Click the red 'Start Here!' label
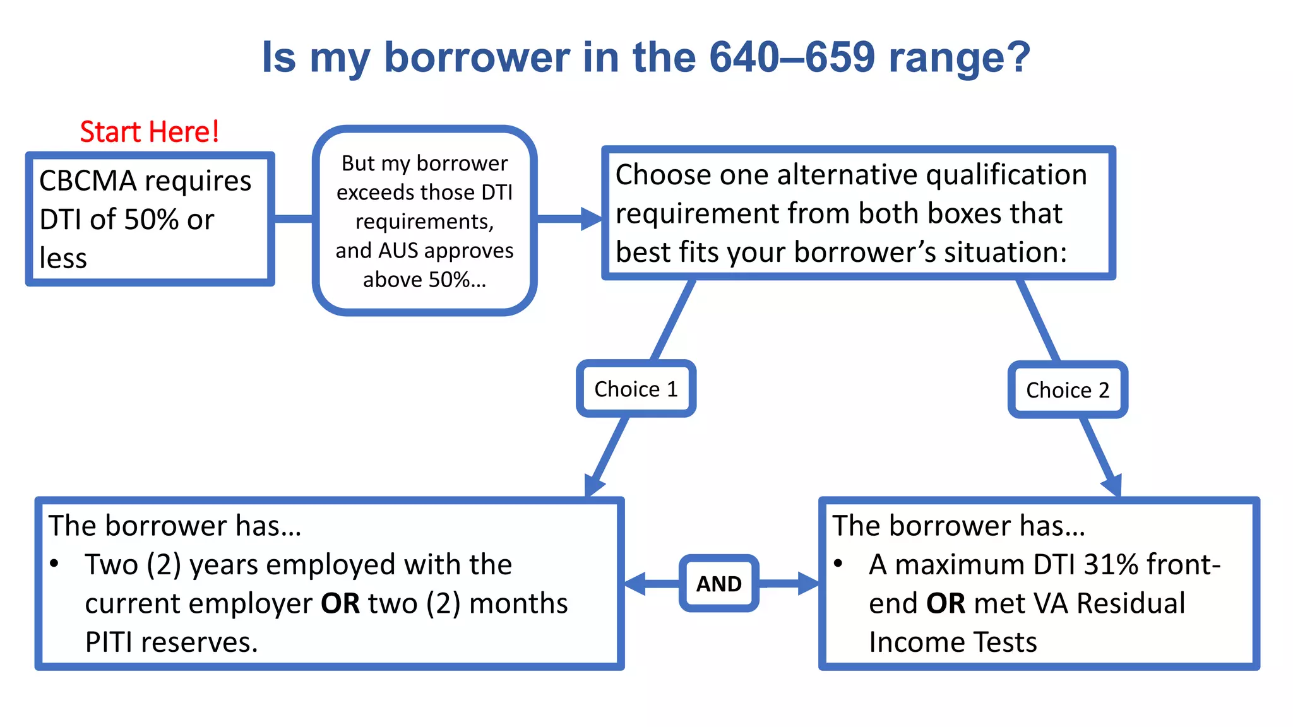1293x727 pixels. [x=150, y=132]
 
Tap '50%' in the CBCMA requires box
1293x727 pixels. [x=152, y=220]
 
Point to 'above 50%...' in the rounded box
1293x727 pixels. [x=424, y=280]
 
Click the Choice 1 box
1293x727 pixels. [x=636, y=389]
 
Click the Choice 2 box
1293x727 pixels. [x=1068, y=390]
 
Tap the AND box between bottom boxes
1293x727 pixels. [x=718, y=584]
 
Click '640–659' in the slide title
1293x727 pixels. [x=792, y=57]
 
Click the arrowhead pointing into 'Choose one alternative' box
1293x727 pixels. [x=592, y=219]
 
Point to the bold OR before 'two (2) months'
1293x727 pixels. [x=340, y=603]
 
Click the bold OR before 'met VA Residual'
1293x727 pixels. [x=945, y=603]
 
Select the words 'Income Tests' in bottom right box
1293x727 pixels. [x=953, y=642]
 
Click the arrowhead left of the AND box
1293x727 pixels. [x=635, y=584]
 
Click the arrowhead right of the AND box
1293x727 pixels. [x=808, y=584]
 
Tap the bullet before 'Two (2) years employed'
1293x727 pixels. [x=55, y=564]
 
